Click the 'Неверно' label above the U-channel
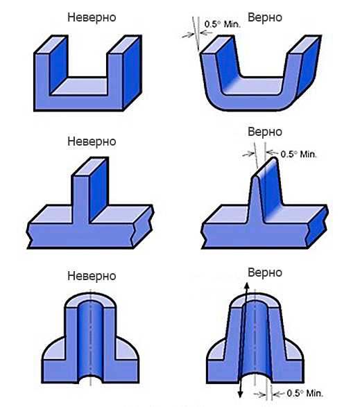click(92, 17)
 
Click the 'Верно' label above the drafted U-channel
click(265, 17)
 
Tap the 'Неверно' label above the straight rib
click(92, 141)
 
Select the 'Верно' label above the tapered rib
click(265, 132)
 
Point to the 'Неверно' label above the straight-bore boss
click(92, 276)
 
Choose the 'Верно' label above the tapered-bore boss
click(265, 272)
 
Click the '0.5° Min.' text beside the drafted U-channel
click(223, 24)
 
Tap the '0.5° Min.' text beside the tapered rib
click(299, 154)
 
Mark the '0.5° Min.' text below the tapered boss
click(305, 393)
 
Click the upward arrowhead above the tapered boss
click(247, 287)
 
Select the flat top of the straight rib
click(90, 166)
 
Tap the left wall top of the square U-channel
click(51, 44)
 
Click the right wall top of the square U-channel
click(124, 44)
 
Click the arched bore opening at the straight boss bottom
click(90, 379)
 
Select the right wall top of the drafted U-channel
click(304, 44)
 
